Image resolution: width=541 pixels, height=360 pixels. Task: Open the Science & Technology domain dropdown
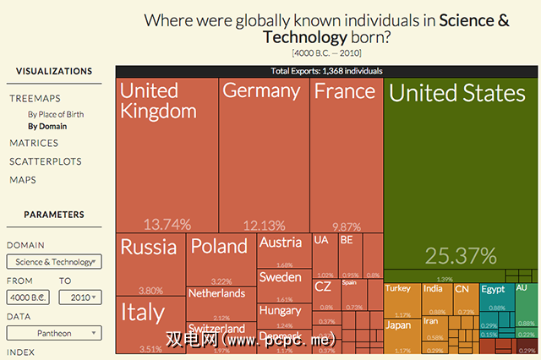(x=54, y=262)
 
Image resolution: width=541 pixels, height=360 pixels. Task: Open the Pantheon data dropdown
(x=54, y=334)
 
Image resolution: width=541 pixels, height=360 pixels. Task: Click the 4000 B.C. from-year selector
(x=29, y=297)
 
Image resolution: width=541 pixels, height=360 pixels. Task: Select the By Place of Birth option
(x=56, y=114)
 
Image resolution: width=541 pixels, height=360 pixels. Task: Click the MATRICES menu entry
(x=34, y=143)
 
